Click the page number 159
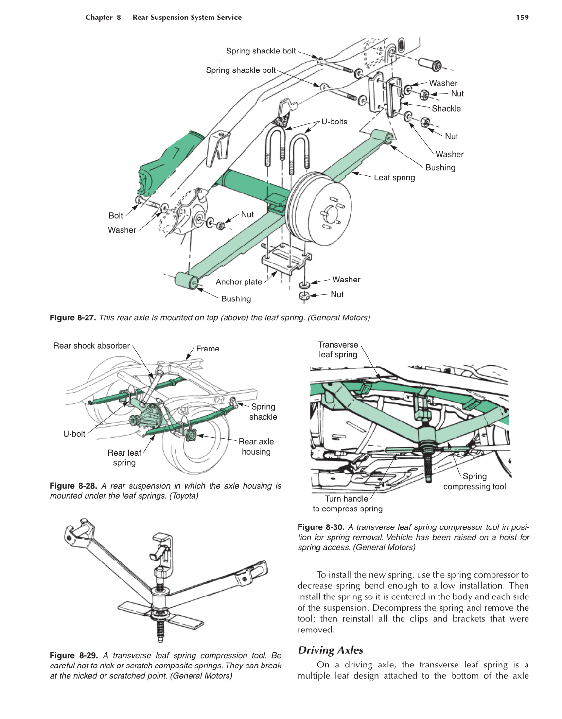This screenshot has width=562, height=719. click(x=522, y=18)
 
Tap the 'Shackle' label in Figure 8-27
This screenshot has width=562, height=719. click(x=446, y=109)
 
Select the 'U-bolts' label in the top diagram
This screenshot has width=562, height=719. click(x=334, y=122)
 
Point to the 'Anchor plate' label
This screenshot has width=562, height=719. click(x=239, y=282)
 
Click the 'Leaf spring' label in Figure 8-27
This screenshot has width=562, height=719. click(x=394, y=178)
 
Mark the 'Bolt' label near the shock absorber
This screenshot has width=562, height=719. click(x=116, y=216)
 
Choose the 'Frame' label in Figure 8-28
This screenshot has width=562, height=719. click(x=208, y=349)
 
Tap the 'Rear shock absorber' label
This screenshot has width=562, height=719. click(x=91, y=346)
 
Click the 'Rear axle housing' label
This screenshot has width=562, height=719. click(x=256, y=447)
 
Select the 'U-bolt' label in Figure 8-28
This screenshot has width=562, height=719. click(x=74, y=434)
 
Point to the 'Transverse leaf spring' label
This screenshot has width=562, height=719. click(x=338, y=350)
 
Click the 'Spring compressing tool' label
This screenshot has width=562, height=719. click(x=474, y=482)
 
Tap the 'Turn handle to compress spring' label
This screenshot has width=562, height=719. click(x=347, y=504)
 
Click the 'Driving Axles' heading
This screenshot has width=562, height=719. click(x=331, y=650)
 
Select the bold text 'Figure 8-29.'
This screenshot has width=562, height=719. click(x=73, y=656)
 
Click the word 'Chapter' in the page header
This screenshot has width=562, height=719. click(x=99, y=18)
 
